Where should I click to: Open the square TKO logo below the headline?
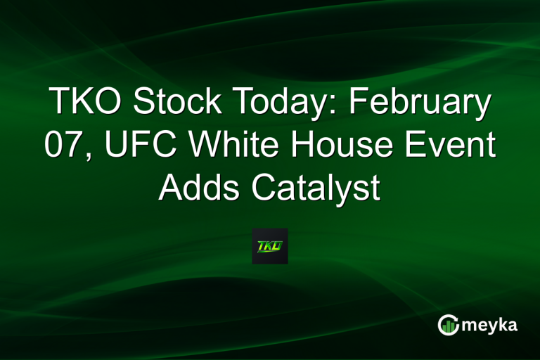point(270,246)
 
